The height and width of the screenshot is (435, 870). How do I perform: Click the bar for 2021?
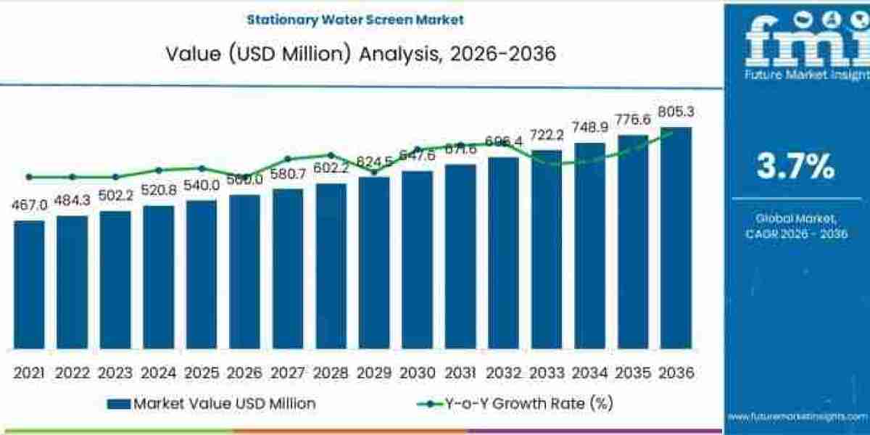click(29, 284)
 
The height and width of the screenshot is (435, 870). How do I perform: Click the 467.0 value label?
click(29, 206)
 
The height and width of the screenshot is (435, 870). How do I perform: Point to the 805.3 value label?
click(676, 112)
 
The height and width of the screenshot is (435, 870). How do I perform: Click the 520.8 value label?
click(158, 191)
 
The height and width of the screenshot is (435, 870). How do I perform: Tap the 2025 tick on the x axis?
click(202, 373)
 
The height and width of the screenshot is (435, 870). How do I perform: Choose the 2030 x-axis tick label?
click(417, 373)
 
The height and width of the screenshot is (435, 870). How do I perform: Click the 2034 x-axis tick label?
click(589, 373)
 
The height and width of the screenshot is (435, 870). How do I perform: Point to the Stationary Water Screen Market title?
click(355, 20)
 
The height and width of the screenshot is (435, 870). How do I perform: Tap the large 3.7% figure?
click(795, 167)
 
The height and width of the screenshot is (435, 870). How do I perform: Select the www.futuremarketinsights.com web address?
click(797, 416)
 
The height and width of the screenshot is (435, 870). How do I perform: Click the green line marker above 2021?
click(29, 177)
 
